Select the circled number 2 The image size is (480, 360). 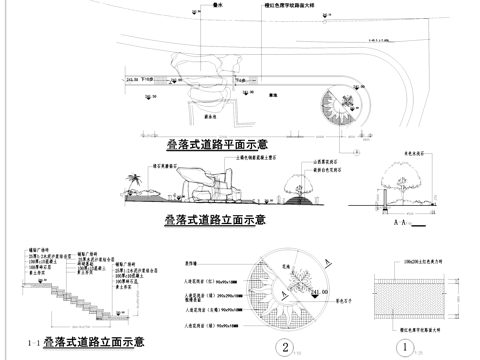coord(287,348)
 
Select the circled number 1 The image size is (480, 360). coord(403,348)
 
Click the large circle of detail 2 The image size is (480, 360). coord(286,290)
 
